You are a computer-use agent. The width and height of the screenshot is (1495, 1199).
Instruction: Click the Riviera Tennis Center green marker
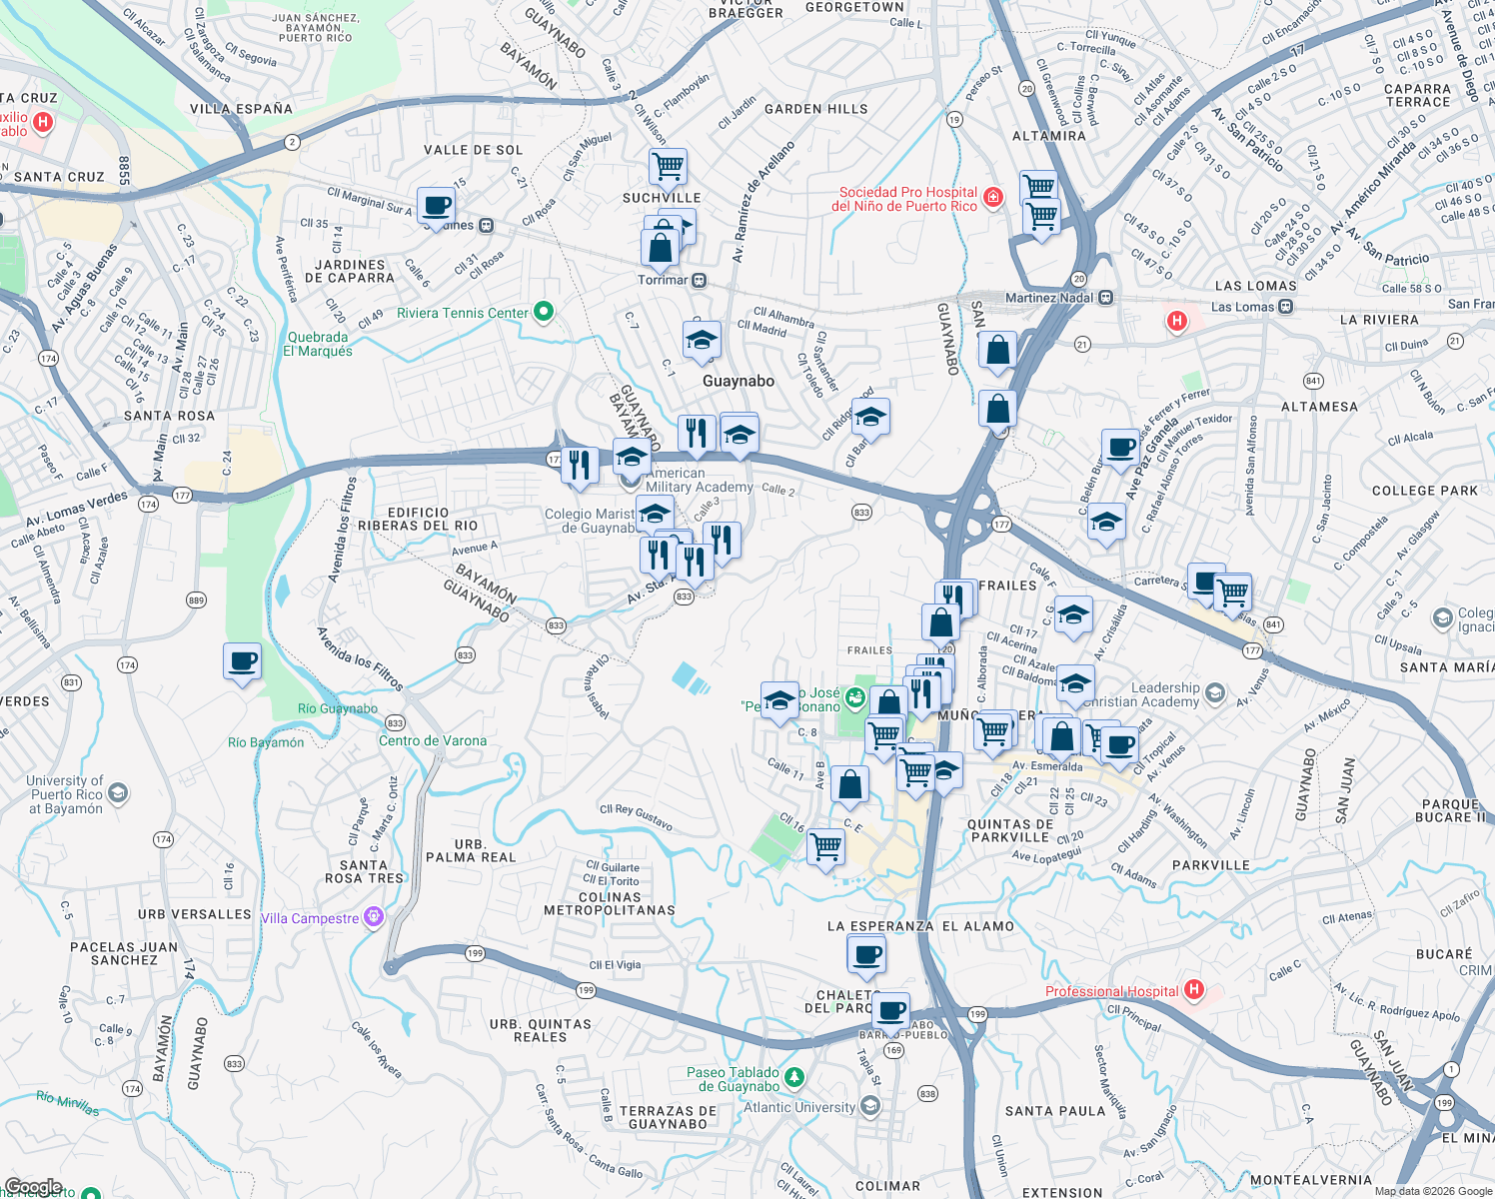click(544, 313)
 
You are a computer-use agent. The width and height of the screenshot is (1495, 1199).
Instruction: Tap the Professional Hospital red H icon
click(1193, 990)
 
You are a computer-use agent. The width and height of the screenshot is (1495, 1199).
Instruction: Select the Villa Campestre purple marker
click(374, 917)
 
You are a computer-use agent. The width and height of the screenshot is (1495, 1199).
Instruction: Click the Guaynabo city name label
click(738, 381)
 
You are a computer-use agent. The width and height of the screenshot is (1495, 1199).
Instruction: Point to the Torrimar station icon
click(700, 281)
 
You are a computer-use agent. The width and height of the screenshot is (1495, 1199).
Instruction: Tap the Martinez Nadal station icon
click(1106, 298)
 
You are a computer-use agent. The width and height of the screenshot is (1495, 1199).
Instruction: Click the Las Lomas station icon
click(1286, 307)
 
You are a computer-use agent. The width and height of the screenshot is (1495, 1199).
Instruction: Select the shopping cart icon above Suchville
click(667, 165)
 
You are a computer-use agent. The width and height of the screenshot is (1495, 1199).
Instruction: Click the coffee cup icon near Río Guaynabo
click(242, 661)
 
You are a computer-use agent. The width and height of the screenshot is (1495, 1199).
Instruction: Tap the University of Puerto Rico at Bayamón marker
click(118, 793)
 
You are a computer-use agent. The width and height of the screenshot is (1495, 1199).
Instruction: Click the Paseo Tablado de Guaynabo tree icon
click(794, 1077)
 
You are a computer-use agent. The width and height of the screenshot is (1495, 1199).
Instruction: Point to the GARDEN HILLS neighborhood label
click(815, 109)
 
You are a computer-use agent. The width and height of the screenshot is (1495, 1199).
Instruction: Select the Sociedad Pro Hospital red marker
click(992, 197)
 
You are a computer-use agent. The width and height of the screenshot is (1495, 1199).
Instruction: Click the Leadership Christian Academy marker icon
click(1214, 692)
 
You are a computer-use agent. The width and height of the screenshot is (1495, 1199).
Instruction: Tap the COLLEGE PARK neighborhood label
click(1424, 491)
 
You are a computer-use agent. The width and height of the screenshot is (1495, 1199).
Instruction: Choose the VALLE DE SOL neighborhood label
click(473, 150)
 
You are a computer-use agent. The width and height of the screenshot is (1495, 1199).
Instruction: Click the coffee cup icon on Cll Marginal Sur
click(436, 206)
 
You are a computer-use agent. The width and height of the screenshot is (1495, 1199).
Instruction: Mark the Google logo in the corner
click(33, 1187)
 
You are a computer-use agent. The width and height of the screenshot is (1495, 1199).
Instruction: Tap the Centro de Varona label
click(433, 740)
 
